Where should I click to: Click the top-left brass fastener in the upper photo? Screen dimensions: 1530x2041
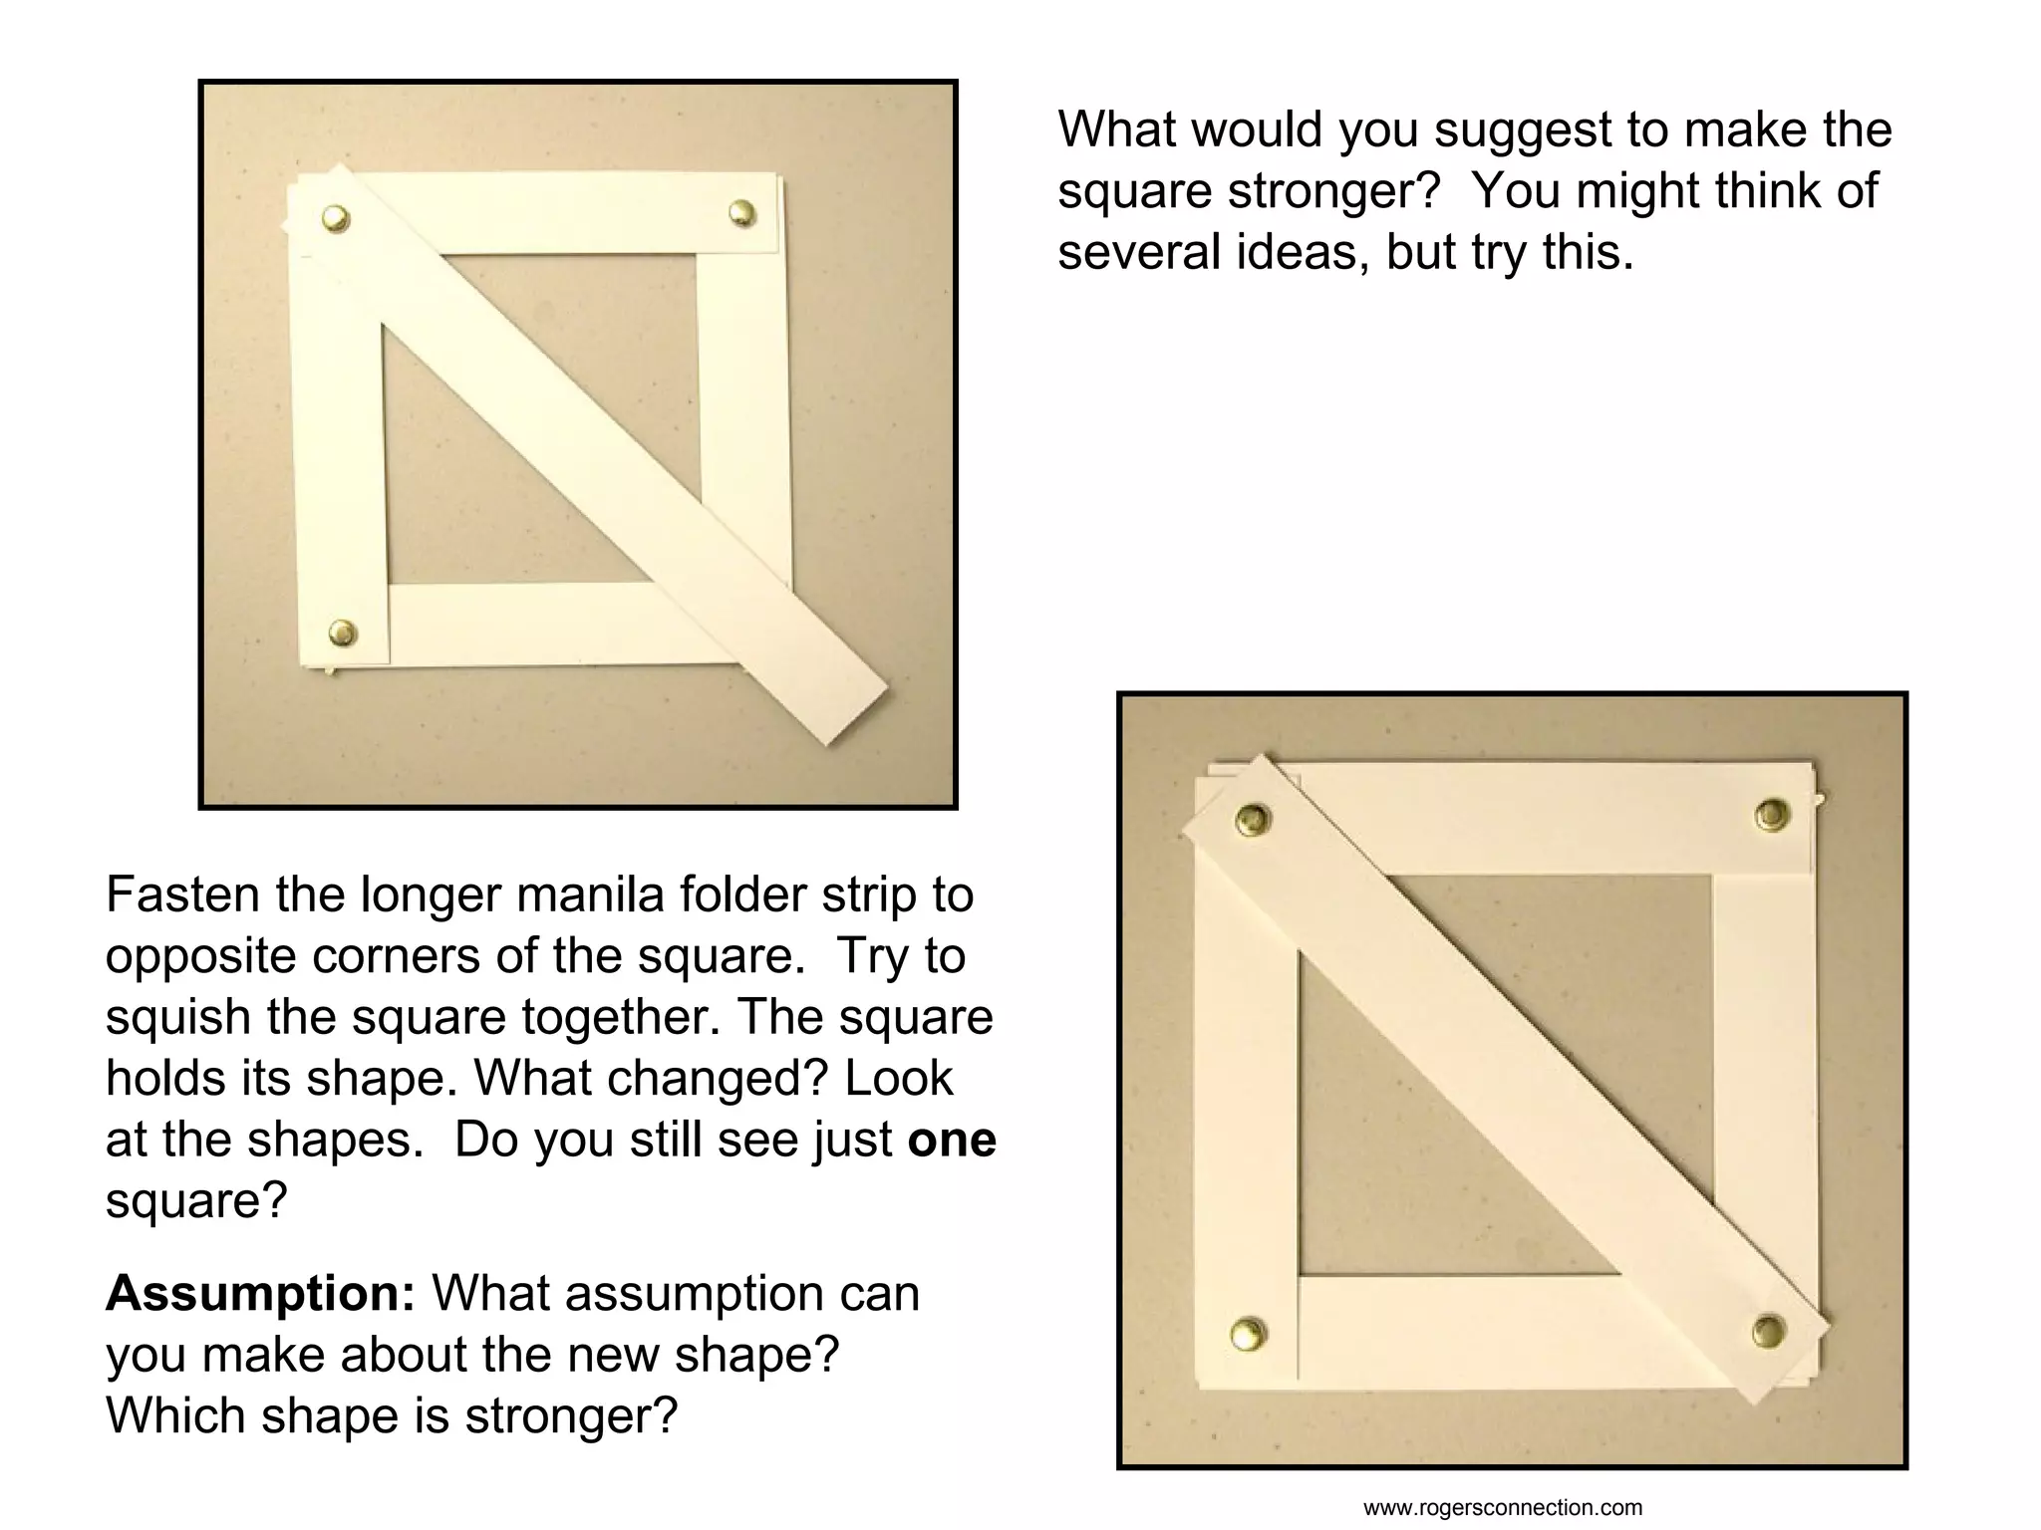336,218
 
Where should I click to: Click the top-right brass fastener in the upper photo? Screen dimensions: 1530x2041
741,212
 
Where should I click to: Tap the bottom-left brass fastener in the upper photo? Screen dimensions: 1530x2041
342,632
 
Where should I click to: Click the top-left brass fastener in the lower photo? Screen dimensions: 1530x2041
1252,820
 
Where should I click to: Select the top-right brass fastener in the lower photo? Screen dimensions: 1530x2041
1771,814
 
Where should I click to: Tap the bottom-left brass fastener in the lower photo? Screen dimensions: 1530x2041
1247,1333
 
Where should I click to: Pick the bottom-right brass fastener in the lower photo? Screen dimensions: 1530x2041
1769,1330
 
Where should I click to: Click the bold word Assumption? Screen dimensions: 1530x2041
260,1294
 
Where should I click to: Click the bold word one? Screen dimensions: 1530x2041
952,1140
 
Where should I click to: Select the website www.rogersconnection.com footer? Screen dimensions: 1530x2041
1502,1508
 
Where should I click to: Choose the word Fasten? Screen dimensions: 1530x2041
183,894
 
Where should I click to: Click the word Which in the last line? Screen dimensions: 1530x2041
175,1415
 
